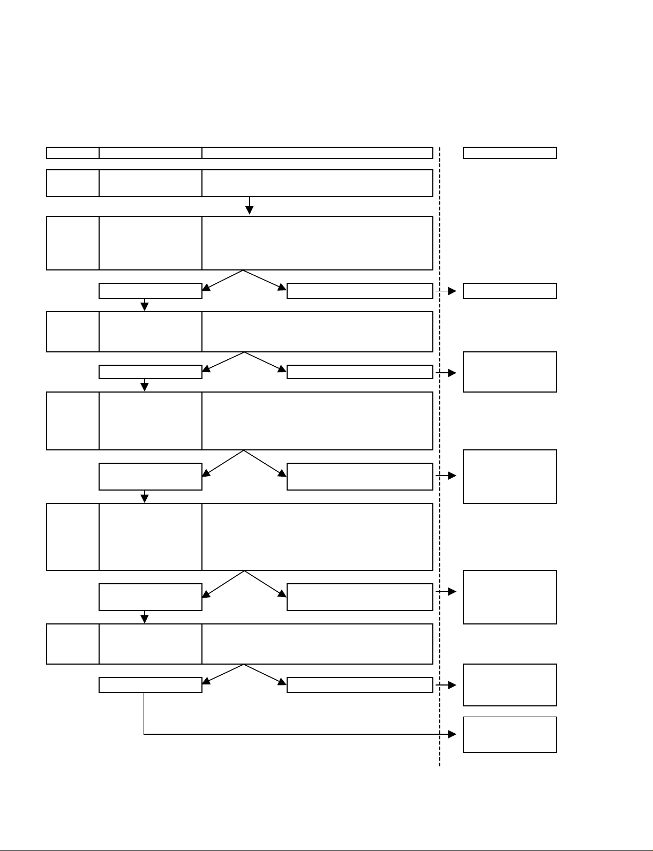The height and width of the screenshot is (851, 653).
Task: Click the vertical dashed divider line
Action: [440, 428]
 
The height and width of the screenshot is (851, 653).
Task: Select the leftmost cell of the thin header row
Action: [73, 153]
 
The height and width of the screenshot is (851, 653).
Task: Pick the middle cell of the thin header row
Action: [151, 153]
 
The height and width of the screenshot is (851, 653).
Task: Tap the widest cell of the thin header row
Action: [317, 153]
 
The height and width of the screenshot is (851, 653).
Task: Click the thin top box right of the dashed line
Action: [509, 153]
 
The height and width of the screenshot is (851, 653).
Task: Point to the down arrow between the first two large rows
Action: [250, 206]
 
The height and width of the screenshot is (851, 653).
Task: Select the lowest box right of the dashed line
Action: [509, 734]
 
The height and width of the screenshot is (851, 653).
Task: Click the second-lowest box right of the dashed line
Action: [509, 685]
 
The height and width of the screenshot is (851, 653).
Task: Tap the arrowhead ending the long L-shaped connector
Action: [452, 734]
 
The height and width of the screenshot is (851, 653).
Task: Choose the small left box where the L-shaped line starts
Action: [151, 685]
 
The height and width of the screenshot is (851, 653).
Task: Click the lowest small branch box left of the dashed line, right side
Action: [360, 685]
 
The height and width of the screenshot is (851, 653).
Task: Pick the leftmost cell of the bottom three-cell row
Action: [73, 644]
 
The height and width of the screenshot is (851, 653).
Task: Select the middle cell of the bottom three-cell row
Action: [151, 644]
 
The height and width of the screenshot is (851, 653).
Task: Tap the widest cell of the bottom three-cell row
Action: [317, 644]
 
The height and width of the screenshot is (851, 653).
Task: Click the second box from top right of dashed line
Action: [509, 291]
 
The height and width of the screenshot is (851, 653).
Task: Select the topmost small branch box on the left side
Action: [151, 291]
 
